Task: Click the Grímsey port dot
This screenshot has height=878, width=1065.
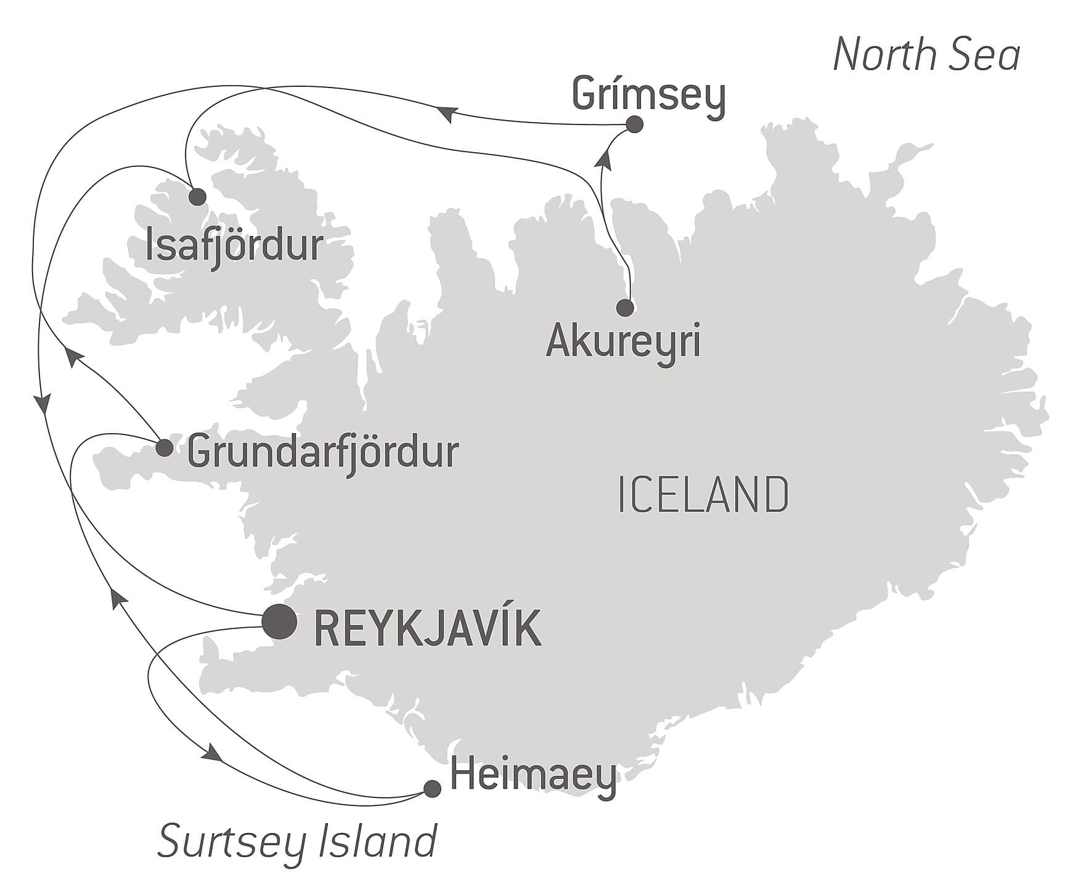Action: pyautogui.click(x=634, y=124)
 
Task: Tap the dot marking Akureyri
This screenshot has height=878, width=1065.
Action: pyautogui.click(x=625, y=307)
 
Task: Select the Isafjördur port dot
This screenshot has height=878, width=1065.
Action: pyautogui.click(x=197, y=197)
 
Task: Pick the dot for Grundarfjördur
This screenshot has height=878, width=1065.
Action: pyautogui.click(x=164, y=448)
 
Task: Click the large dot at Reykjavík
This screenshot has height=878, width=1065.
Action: pyautogui.click(x=279, y=622)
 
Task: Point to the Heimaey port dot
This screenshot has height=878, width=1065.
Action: pyautogui.click(x=433, y=789)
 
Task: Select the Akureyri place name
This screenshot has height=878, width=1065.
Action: pyautogui.click(x=623, y=341)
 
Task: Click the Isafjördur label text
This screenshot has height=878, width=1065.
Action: pyautogui.click(x=234, y=245)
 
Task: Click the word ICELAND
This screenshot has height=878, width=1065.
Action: pyautogui.click(x=703, y=495)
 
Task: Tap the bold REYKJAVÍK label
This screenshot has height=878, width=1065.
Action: pyautogui.click(x=428, y=628)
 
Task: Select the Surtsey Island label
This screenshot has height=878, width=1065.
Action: pyautogui.click(x=297, y=842)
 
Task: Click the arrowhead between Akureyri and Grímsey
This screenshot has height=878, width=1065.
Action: pyautogui.click(x=605, y=160)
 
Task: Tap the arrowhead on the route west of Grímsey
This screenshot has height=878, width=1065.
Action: pyautogui.click(x=448, y=114)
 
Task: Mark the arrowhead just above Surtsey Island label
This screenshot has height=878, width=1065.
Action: pyautogui.click(x=213, y=752)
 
